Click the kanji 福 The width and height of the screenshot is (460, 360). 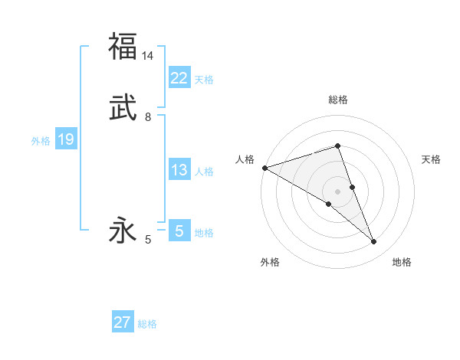tap(123, 47)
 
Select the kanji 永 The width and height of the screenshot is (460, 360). tap(123, 231)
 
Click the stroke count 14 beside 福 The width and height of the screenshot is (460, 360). tap(148, 55)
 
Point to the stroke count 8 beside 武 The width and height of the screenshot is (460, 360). tap(148, 117)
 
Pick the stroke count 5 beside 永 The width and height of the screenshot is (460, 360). tap(148, 240)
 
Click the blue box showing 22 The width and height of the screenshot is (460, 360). tap(179, 78)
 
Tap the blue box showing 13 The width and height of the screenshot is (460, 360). tap(179, 170)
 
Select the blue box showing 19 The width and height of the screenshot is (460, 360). tap(65, 139)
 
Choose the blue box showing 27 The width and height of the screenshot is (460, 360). tap(123, 322)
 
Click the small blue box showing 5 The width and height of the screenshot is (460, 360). tap(179, 231)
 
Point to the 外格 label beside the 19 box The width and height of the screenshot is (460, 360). tap(41, 141)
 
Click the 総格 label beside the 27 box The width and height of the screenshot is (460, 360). tap(147, 324)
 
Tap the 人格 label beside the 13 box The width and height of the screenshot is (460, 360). tap(204, 172)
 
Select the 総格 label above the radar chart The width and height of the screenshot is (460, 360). tap(338, 100)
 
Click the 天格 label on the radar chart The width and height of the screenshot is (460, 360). tap(432, 159)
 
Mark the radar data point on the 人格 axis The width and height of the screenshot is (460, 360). tap(264, 167)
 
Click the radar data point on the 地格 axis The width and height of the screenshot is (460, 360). tap(374, 242)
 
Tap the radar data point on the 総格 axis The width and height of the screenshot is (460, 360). tap(338, 146)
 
